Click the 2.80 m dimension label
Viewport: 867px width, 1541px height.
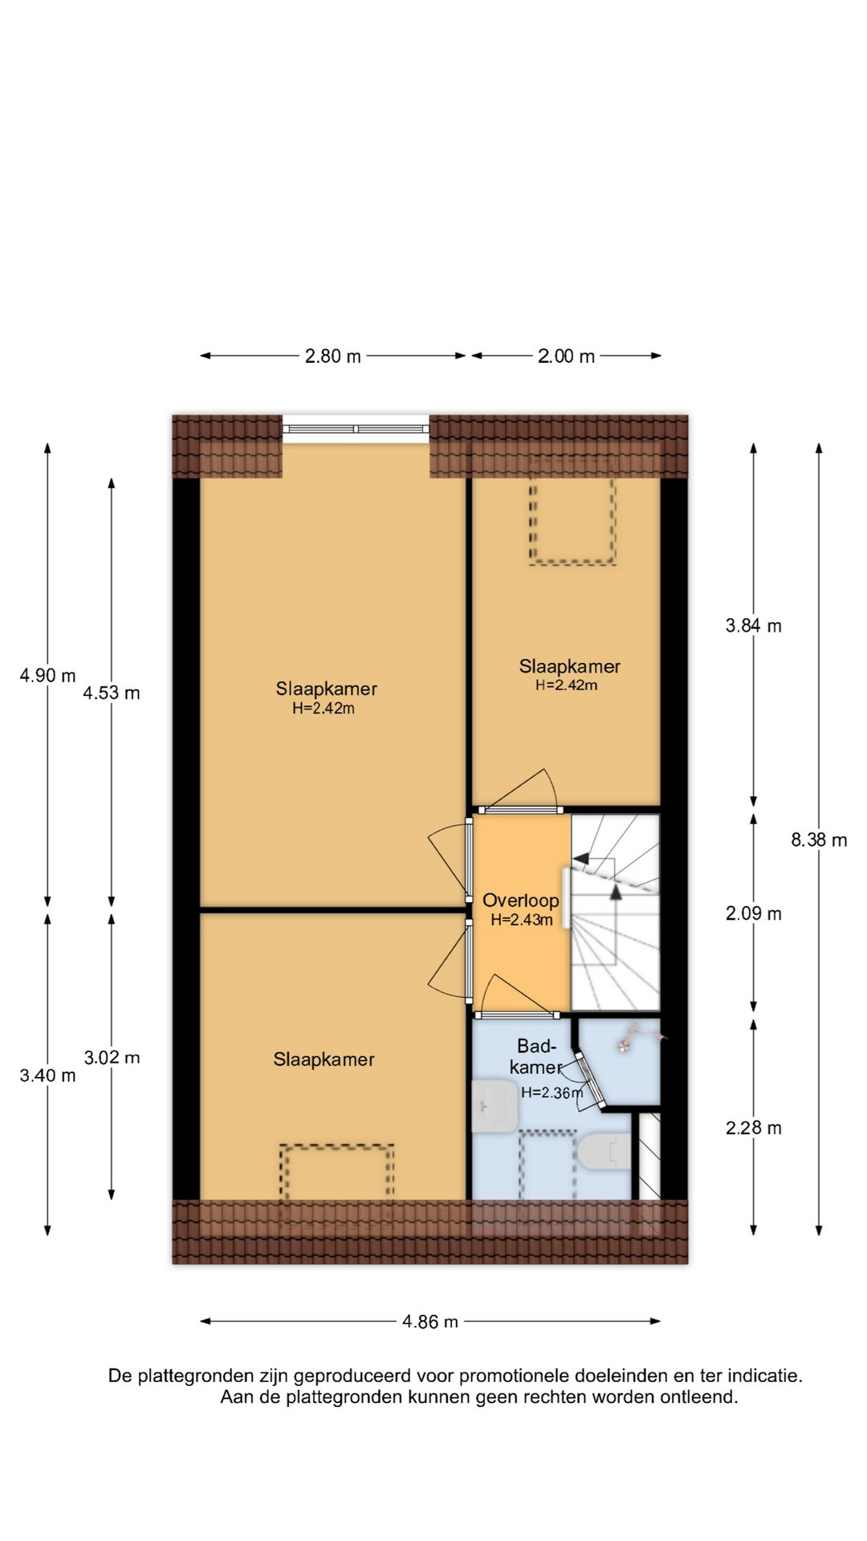click(x=332, y=356)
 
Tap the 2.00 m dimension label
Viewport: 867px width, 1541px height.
click(x=566, y=356)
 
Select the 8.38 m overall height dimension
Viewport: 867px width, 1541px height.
click(x=819, y=840)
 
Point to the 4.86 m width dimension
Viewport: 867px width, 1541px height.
click(x=430, y=1322)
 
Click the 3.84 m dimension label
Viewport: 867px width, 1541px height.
click(x=753, y=626)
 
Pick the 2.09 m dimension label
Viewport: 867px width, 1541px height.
click(x=753, y=913)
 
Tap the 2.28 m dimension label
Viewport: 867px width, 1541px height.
click(x=753, y=1128)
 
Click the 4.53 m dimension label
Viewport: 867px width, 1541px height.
click(x=112, y=693)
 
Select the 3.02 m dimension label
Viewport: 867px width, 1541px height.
click(x=112, y=1058)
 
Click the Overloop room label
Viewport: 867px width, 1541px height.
click(x=520, y=901)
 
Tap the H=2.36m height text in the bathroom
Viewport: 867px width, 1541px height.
click(x=552, y=1092)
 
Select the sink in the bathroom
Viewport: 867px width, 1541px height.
click(x=495, y=1106)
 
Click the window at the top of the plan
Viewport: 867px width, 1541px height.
click(x=356, y=429)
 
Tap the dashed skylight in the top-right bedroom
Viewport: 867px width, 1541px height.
click(x=572, y=519)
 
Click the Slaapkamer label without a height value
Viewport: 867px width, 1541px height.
click(x=324, y=1059)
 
